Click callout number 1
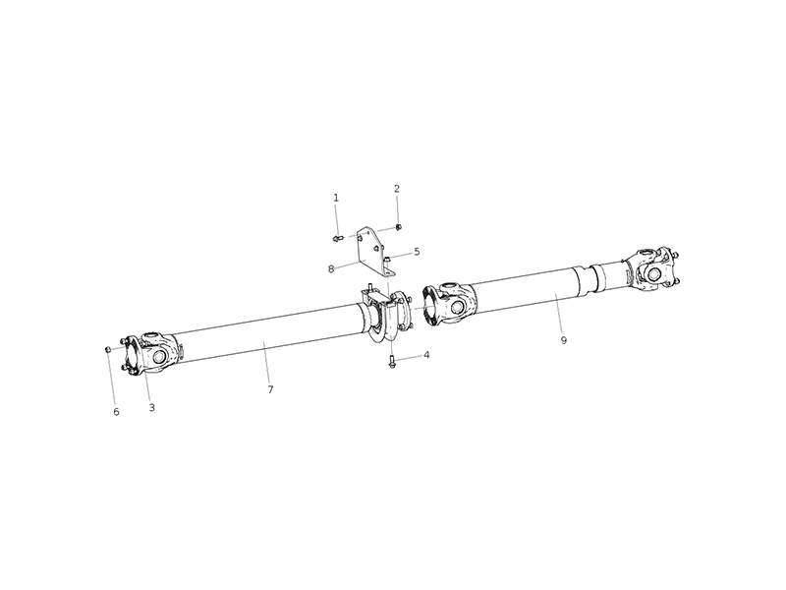point(336,198)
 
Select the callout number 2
point(397,188)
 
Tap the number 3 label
point(151,407)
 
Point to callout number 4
point(426,355)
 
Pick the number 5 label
point(417,252)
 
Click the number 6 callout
point(116,412)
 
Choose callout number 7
point(270,389)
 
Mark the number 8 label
point(332,266)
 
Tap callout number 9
point(564,340)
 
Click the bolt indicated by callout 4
point(392,362)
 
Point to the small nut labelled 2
point(398,227)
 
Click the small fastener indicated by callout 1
point(337,237)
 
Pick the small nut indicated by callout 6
point(107,349)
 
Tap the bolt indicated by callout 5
point(388,259)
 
